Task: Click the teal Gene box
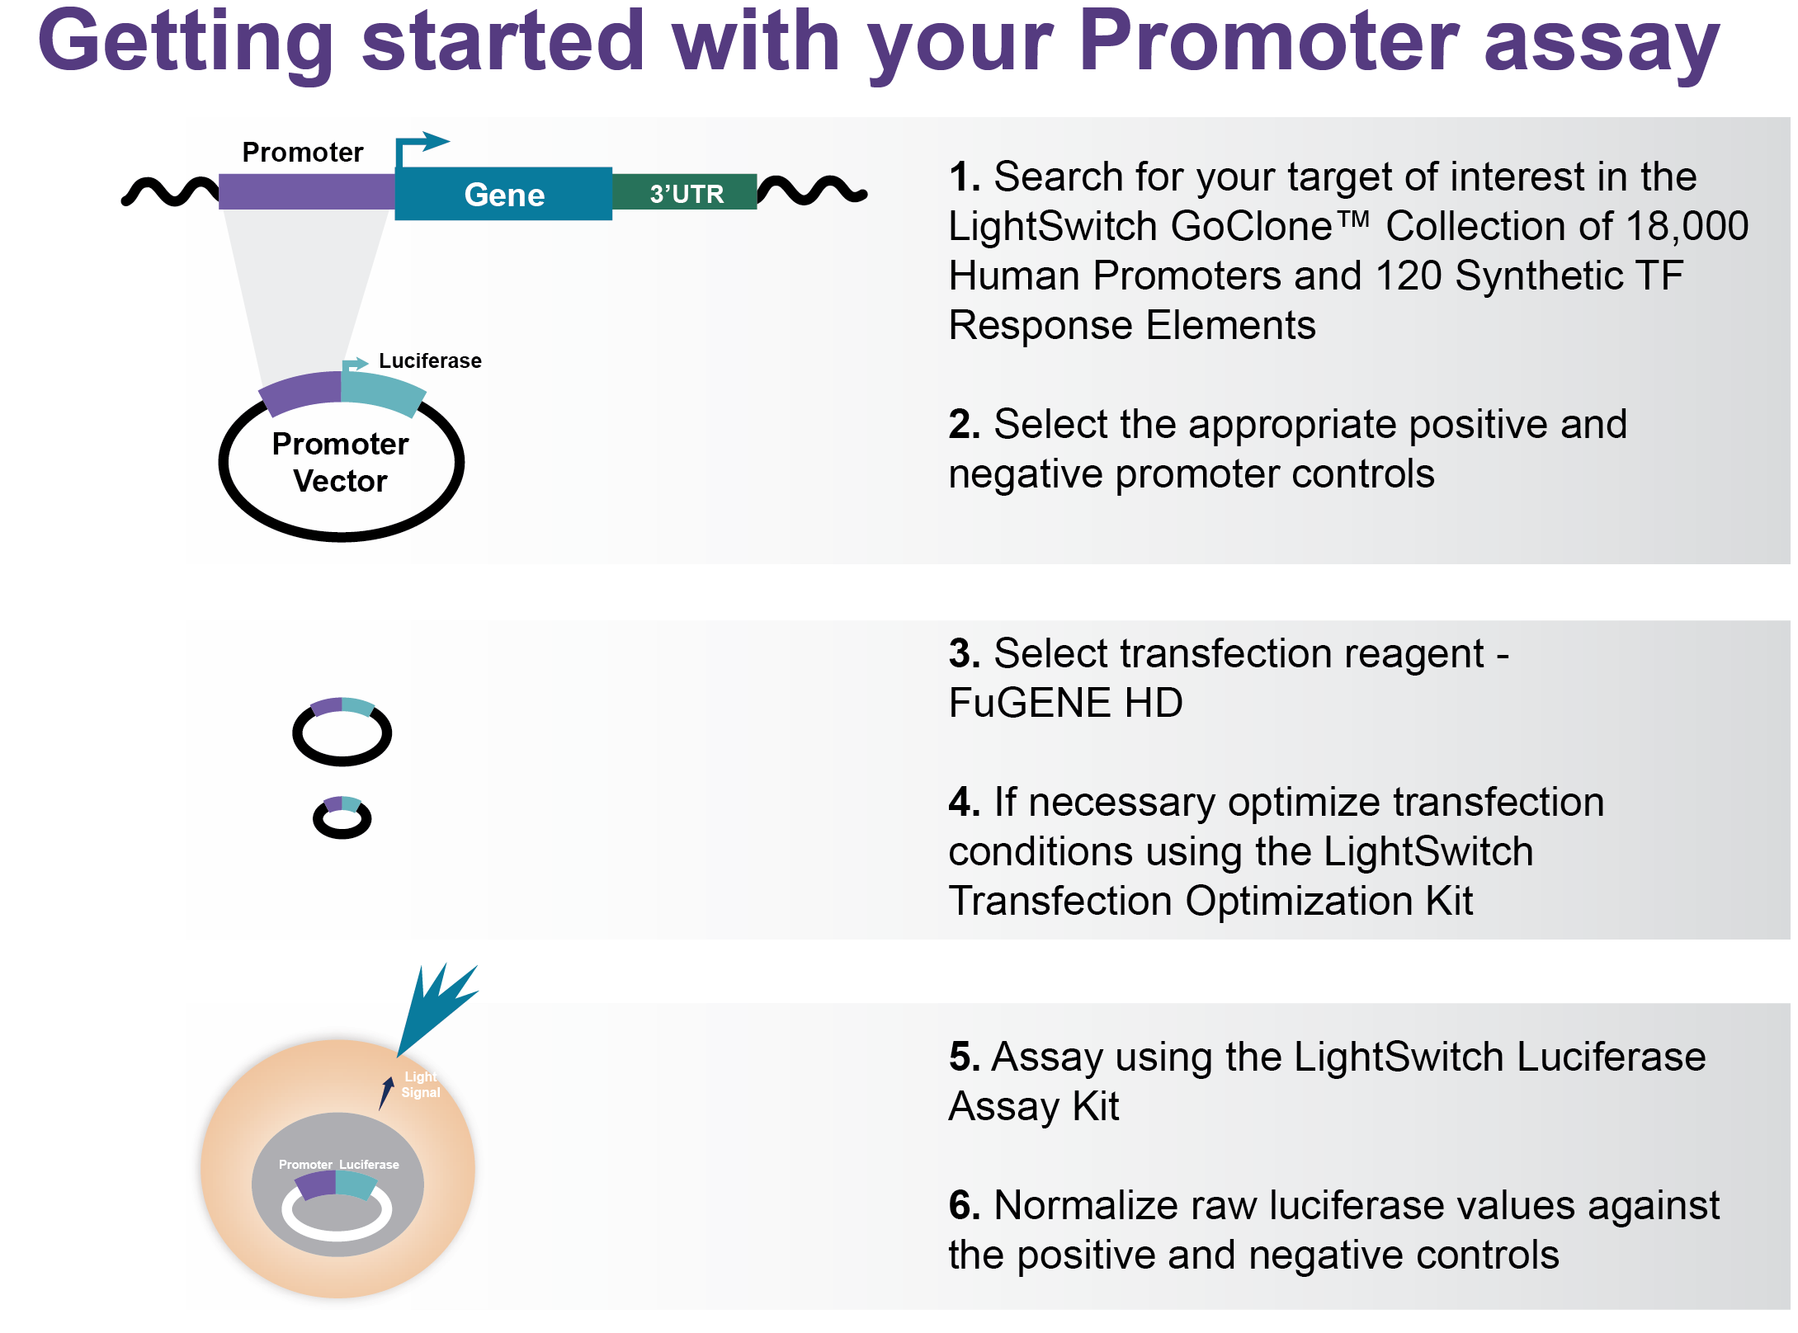(503, 194)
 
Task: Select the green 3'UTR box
(685, 192)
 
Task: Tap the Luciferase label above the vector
(430, 360)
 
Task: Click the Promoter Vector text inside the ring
(340, 462)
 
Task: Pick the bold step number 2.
(964, 425)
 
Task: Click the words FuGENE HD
(1065, 703)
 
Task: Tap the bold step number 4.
(964, 802)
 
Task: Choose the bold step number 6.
(964, 1205)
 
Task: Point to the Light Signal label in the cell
(421, 1085)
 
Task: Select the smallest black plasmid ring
(342, 835)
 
